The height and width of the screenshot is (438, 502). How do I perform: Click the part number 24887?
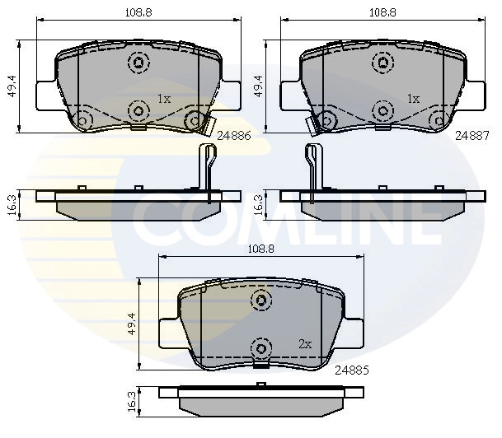(472, 138)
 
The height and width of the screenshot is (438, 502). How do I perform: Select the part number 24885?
(350, 370)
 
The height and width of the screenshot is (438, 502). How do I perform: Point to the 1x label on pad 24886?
(163, 99)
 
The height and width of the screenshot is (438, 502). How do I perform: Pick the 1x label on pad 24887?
(413, 99)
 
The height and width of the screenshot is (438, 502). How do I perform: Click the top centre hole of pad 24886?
(137, 62)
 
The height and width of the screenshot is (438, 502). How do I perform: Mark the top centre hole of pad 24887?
(382, 62)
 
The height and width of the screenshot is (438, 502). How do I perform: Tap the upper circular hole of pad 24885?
(261, 301)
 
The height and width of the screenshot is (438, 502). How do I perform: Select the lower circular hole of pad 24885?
(261, 349)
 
